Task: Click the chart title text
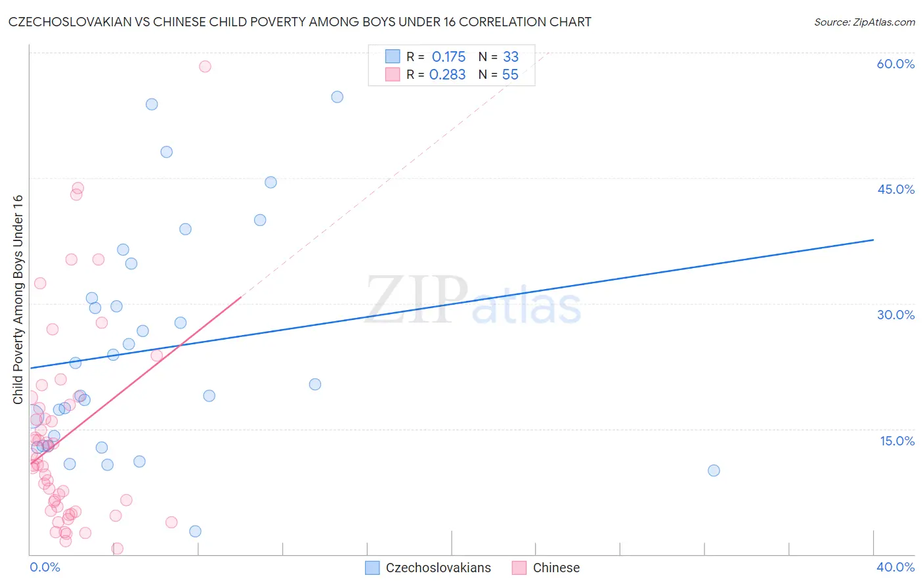tap(299, 22)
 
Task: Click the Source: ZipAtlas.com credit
tap(864, 22)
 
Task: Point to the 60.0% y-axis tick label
tap(895, 64)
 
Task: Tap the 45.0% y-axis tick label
tap(895, 189)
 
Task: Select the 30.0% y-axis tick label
tap(895, 315)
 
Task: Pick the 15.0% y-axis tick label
tap(897, 441)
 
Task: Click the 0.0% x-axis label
tap(45, 567)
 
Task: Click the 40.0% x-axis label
tap(895, 567)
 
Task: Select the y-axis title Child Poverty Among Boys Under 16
tap(18, 300)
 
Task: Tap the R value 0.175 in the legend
tap(448, 57)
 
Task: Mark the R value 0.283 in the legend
tap(447, 75)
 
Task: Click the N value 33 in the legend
tap(510, 57)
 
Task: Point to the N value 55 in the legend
tap(510, 75)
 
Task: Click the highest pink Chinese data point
tap(205, 66)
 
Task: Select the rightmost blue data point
tap(714, 470)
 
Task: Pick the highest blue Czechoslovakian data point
tap(337, 97)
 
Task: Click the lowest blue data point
tap(195, 531)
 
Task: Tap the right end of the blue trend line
tap(873, 240)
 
